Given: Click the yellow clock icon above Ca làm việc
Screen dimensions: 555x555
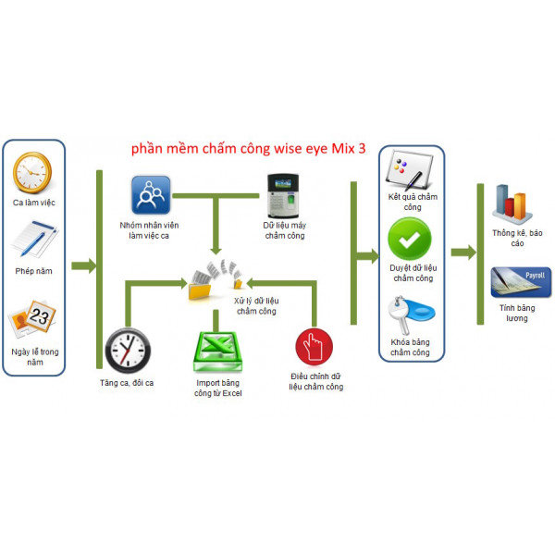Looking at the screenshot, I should (x=33, y=172).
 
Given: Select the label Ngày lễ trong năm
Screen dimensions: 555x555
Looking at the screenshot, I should (x=36, y=357).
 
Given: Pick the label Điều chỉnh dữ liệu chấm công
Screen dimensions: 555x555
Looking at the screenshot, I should (x=315, y=382).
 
